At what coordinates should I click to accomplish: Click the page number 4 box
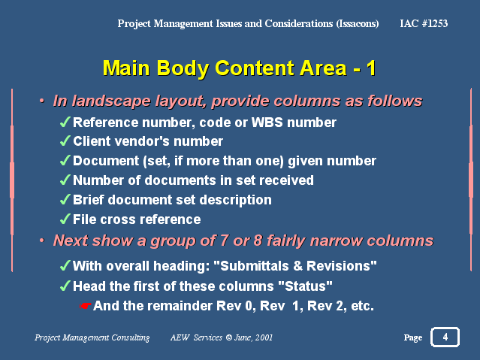click(x=445, y=337)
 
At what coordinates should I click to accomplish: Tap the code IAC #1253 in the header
click(x=424, y=23)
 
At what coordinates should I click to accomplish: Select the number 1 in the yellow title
click(x=371, y=68)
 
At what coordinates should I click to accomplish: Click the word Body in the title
click(x=183, y=68)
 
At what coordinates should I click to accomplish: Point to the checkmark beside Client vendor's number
click(x=65, y=141)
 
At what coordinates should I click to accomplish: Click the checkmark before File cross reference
click(x=65, y=219)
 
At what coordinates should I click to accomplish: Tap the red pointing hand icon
click(x=85, y=306)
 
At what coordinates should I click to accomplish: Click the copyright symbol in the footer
click(x=228, y=337)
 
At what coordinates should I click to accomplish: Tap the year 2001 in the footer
click(x=264, y=337)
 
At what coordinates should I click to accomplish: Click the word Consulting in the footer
click(x=131, y=337)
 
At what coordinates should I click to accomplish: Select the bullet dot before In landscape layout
click(x=42, y=101)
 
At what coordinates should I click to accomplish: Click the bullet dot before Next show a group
click(x=42, y=241)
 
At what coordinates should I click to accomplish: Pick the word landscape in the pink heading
click(x=111, y=101)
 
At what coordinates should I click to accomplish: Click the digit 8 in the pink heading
click(x=258, y=241)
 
